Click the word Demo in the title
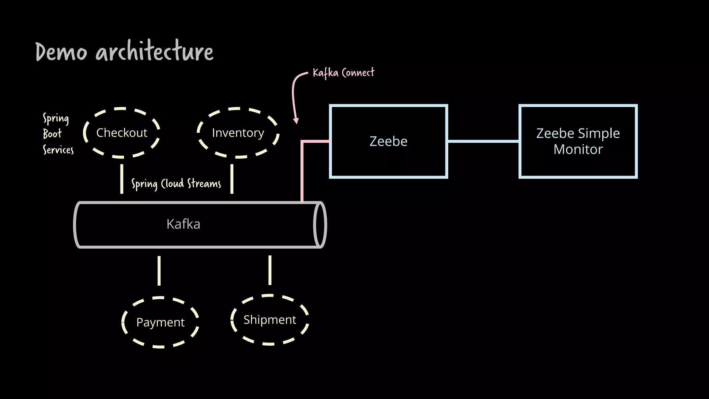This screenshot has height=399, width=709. click(61, 52)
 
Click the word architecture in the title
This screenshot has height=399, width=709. click(154, 52)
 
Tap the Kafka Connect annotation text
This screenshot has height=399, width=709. click(343, 73)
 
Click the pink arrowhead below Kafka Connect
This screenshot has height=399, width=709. click(296, 121)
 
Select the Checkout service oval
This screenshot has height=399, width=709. click(122, 133)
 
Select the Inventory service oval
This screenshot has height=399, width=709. click(238, 133)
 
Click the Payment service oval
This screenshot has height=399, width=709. click(160, 322)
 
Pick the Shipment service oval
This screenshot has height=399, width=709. click(270, 320)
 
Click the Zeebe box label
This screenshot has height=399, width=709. click(388, 141)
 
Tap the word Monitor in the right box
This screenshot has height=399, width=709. click(578, 150)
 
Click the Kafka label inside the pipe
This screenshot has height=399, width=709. click(183, 224)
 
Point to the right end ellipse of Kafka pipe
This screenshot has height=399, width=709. click(320, 224)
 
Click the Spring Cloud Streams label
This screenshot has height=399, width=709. click(176, 184)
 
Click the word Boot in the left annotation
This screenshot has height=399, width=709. click(52, 134)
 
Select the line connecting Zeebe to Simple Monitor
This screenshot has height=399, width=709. click(483, 141)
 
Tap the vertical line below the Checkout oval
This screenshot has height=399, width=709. click(122, 179)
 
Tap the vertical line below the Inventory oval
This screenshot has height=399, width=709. click(232, 179)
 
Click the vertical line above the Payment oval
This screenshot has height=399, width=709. click(159, 271)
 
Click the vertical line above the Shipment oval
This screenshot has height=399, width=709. click(270, 270)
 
